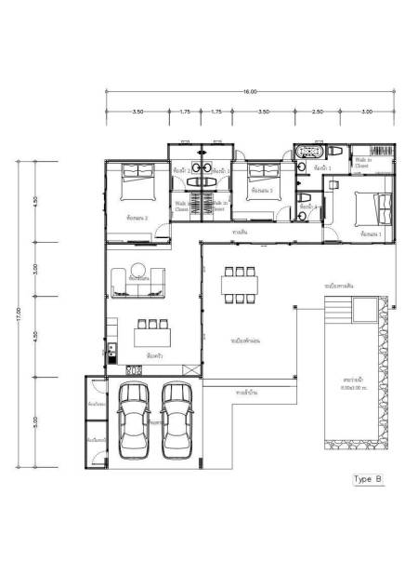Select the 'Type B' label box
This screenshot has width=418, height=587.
pyautogui.click(x=368, y=479)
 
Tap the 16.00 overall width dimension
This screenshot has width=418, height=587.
pyautogui.click(x=250, y=92)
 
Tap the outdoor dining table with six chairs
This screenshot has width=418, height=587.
pyautogui.click(x=240, y=285)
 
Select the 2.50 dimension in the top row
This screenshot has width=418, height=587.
pyautogui.click(x=318, y=112)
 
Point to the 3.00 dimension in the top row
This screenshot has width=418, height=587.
pyautogui.click(x=367, y=112)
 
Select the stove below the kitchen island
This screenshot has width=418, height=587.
pyautogui.click(x=134, y=370)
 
